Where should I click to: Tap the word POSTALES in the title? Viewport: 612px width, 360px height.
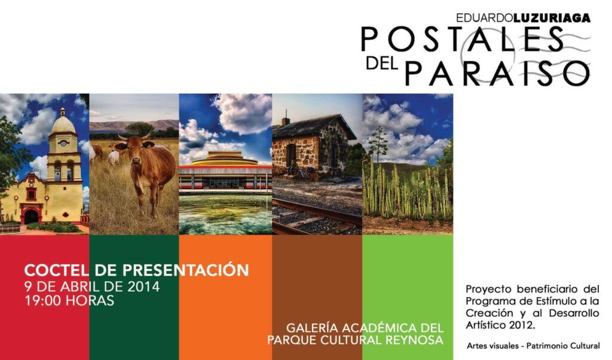[463, 39]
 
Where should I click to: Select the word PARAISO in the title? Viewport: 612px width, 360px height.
[498, 72]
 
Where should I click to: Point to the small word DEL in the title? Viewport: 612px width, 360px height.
[382, 63]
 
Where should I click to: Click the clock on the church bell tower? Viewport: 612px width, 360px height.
[63, 144]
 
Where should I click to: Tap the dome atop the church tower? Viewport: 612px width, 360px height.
[63, 123]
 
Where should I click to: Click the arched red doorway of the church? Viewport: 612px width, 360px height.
[31, 216]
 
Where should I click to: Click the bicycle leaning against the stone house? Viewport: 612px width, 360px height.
[301, 173]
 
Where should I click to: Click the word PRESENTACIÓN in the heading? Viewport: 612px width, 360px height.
[186, 270]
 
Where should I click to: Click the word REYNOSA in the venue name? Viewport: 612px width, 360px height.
[414, 340]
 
